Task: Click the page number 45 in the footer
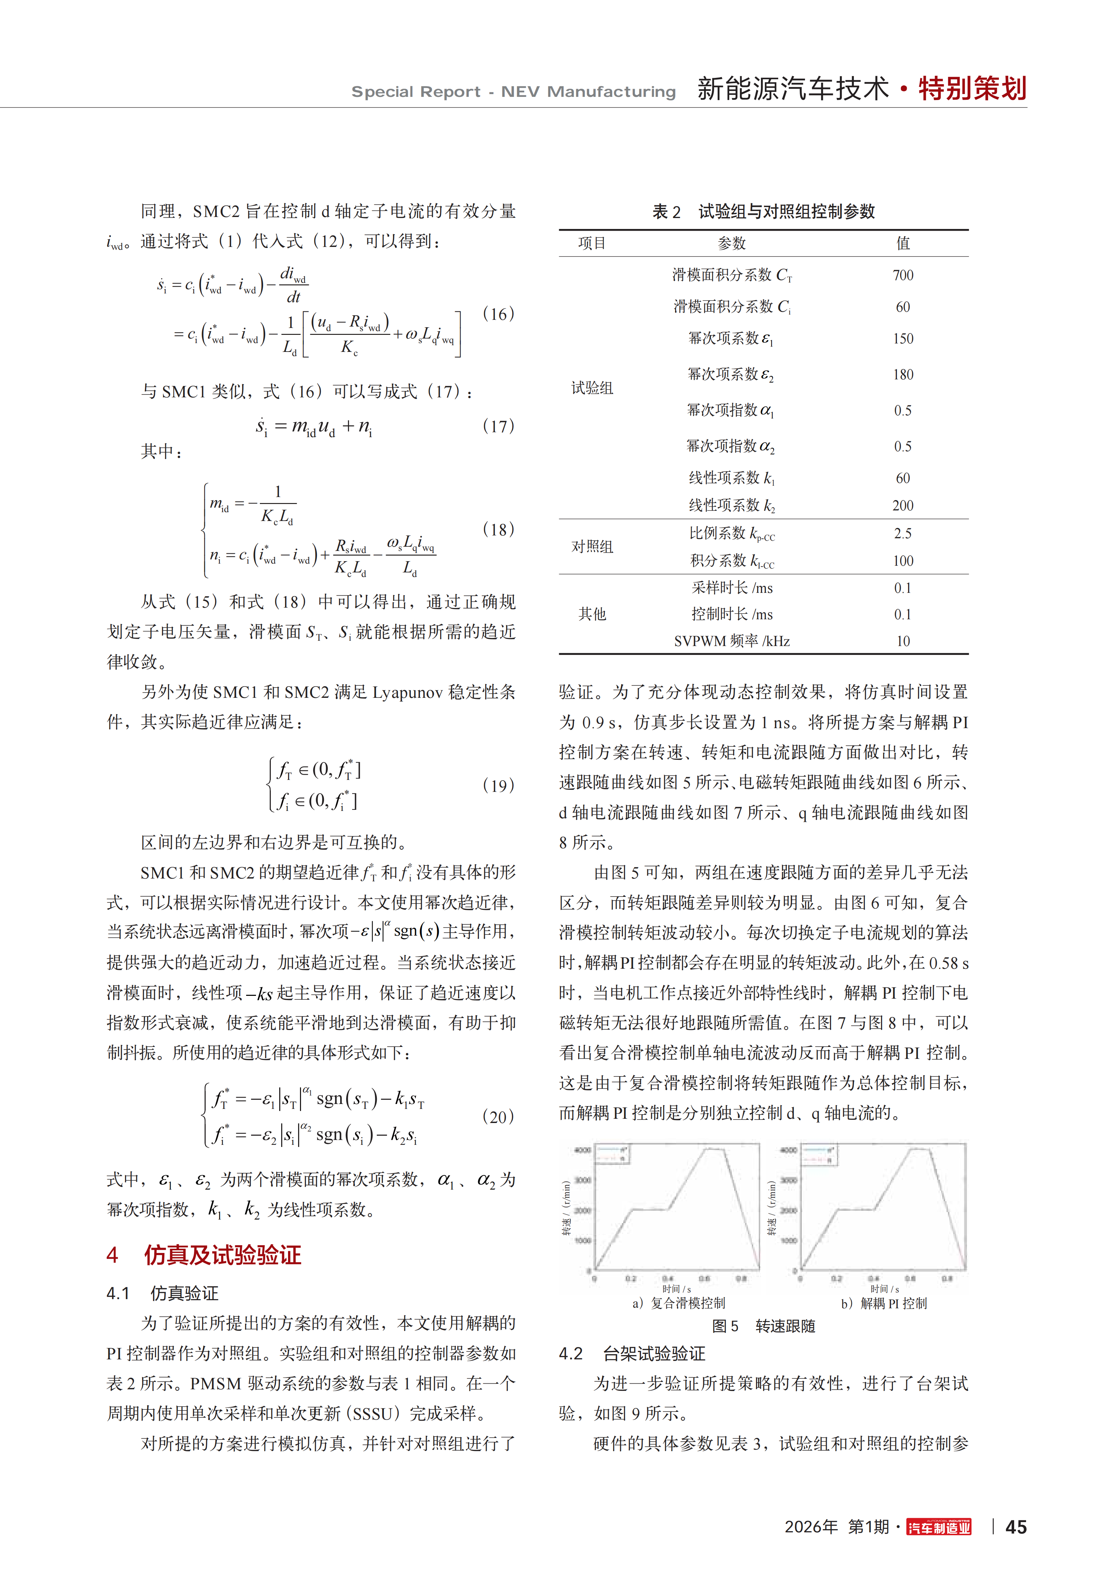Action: pyautogui.click(x=1016, y=1527)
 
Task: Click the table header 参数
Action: pyautogui.click(x=732, y=243)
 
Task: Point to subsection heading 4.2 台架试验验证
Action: pyautogui.click(x=632, y=1354)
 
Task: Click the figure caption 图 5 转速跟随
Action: pyautogui.click(x=763, y=1326)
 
